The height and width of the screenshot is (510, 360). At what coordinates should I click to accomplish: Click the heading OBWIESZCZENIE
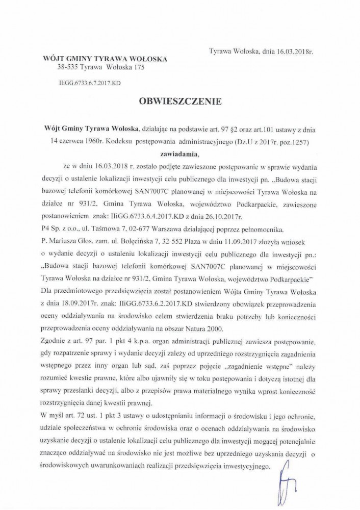180,101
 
